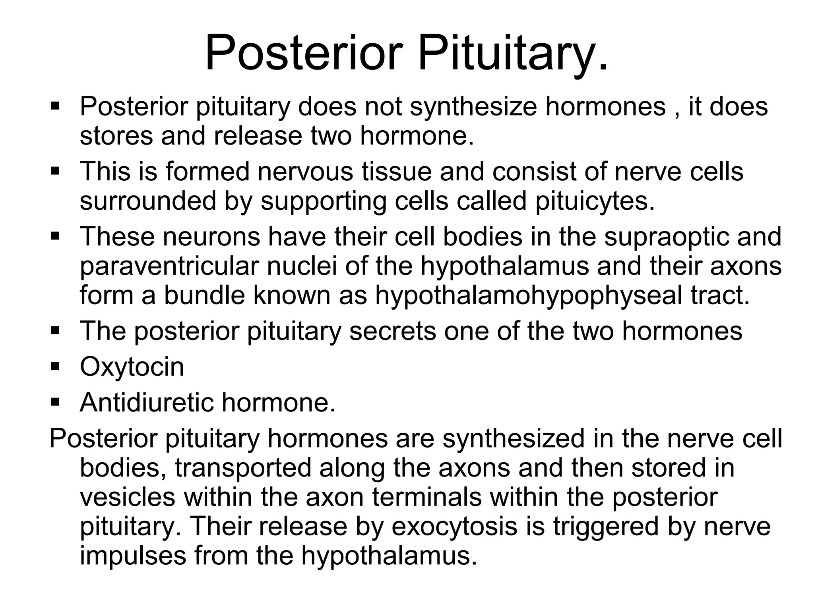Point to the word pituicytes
pos(595,201)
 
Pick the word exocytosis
pos(455,526)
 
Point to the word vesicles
pos(128,497)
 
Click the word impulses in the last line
pos(133,556)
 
